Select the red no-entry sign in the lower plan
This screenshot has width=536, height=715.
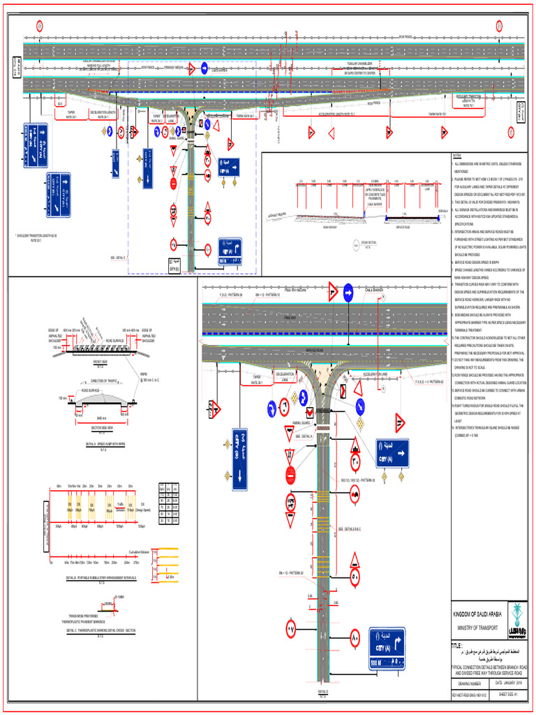292,476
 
